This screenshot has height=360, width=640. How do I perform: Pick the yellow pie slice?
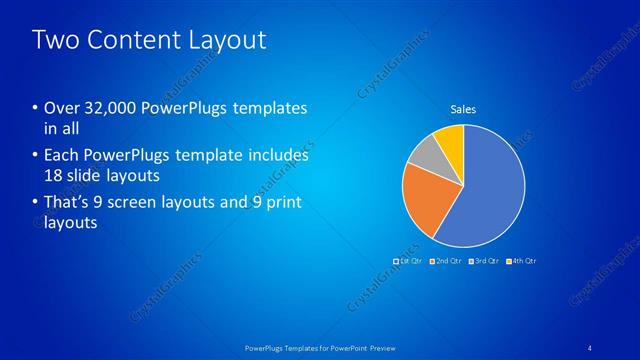click(452, 140)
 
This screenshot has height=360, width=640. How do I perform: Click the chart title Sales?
click(463, 109)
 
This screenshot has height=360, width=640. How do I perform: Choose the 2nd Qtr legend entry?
click(446, 261)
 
